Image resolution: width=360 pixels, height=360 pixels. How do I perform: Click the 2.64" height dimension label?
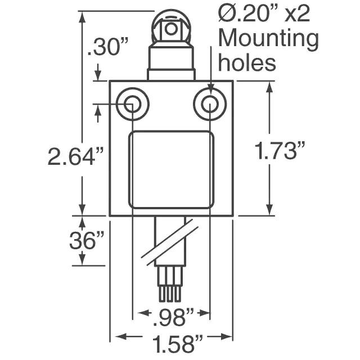click(75, 156)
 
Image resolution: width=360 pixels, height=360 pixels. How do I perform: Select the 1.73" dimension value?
click(280, 150)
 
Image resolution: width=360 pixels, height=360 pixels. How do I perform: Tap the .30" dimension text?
click(107, 47)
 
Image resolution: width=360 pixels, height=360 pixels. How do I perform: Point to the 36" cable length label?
click(87, 240)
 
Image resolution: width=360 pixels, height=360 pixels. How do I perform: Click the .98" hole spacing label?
click(173, 317)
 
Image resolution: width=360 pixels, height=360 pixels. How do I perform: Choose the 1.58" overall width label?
click(178, 344)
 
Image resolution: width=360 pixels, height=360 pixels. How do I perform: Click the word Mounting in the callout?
click(268, 39)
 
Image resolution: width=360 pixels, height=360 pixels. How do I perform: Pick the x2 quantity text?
click(297, 15)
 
